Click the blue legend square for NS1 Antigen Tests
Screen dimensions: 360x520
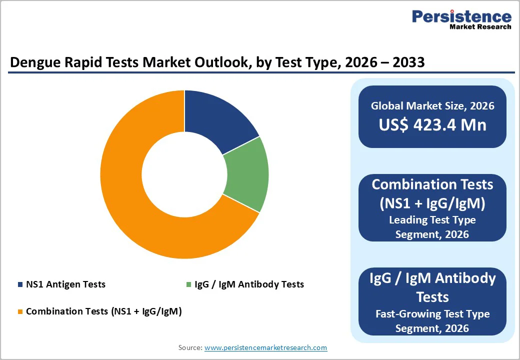pos(20,284)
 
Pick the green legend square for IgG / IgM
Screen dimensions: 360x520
pos(188,284)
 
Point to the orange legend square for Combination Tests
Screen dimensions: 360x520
pos(20,311)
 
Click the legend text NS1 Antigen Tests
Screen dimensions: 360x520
pos(65,284)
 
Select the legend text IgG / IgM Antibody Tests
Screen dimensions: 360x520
pos(249,284)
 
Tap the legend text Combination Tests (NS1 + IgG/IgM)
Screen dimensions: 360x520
pos(103,311)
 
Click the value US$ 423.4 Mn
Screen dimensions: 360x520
pos(432,124)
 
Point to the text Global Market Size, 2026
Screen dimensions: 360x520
pos(432,105)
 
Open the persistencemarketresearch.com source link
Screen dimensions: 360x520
pos(265,347)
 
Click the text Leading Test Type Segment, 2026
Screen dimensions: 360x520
pos(432,226)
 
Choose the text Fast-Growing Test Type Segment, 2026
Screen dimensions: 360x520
pos(432,321)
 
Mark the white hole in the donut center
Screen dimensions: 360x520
pos(184,174)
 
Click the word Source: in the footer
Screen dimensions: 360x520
pos(190,347)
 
